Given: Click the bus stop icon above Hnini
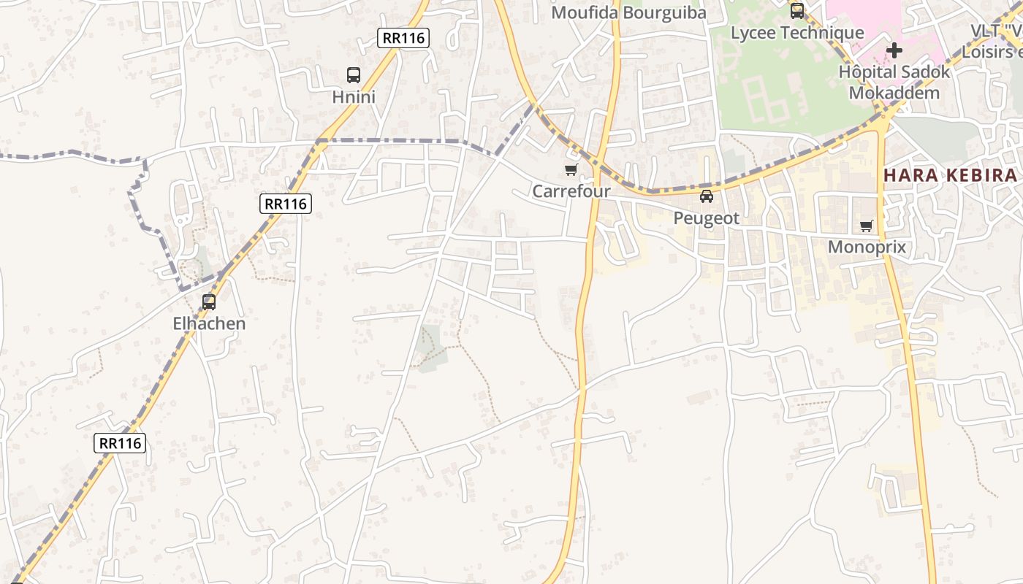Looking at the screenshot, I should coord(354,74).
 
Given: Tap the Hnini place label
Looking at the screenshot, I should coord(354,97).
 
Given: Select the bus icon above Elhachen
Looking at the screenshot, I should coord(209,301).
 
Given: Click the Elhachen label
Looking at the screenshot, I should coord(209,323).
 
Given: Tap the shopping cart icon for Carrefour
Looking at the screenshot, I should coord(571,170).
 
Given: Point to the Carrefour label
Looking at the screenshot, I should coord(571,192).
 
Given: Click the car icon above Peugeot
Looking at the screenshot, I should coord(707,196).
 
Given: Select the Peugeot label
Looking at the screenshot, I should coord(707,218).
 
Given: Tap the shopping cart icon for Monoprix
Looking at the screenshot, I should coord(867,226).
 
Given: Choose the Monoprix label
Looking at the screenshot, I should coord(867,247).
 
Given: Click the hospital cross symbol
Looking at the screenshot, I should coord(894,50).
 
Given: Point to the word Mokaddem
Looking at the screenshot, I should coord(894,93).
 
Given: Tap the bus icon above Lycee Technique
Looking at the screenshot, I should coord(797,11).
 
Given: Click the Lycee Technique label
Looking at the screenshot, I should coord(797,33).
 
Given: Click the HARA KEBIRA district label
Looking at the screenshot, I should coord(950,175).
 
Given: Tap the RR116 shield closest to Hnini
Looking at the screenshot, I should coord(403,38).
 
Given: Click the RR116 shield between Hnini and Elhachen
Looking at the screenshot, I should coord(286,204).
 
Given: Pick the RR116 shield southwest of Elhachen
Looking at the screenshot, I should coord(120,443).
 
